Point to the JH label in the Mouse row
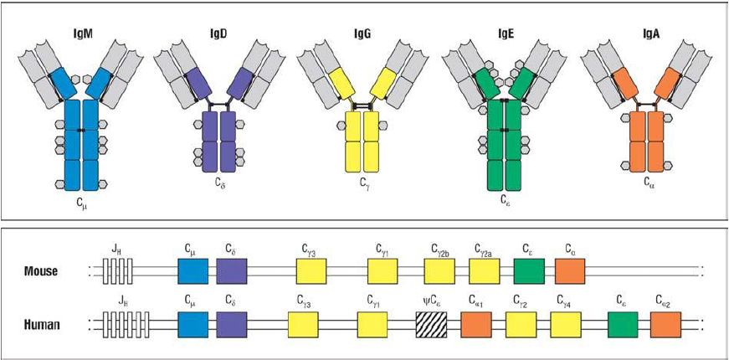click(116, 249)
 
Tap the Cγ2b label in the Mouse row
click(441, 249)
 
